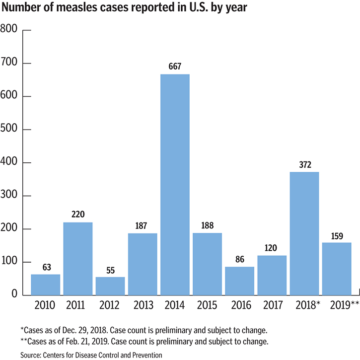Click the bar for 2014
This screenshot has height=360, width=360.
[175, 184]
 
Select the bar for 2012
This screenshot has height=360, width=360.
[110, 286]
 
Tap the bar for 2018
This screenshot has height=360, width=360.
[304, 233]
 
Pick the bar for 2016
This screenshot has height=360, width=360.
[239, 281]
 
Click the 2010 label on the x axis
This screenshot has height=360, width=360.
[46, 304]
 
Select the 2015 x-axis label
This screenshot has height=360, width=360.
[207, 304]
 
